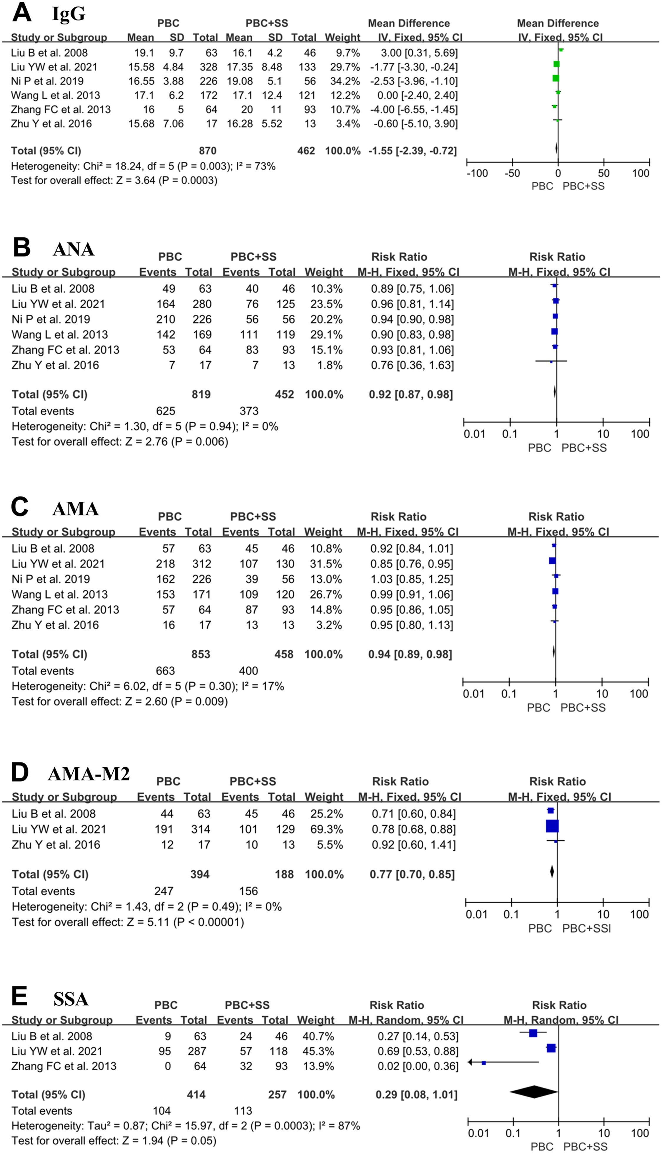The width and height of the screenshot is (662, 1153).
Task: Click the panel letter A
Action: (x=21, y=13)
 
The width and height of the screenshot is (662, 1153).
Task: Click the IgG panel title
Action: (x=69, y=14)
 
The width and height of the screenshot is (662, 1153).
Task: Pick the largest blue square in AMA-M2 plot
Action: (x=552, y=826)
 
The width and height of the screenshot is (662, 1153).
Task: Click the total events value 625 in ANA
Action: (x=165, y=411)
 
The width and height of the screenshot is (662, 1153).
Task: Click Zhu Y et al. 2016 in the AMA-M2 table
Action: (x=56, y=844)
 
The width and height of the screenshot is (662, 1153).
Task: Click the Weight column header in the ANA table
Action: (x=324, y=272)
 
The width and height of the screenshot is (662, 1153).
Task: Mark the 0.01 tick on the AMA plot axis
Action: (x=473, y=694)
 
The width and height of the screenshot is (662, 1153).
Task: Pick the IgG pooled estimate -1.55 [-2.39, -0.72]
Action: (x=412, y=151)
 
